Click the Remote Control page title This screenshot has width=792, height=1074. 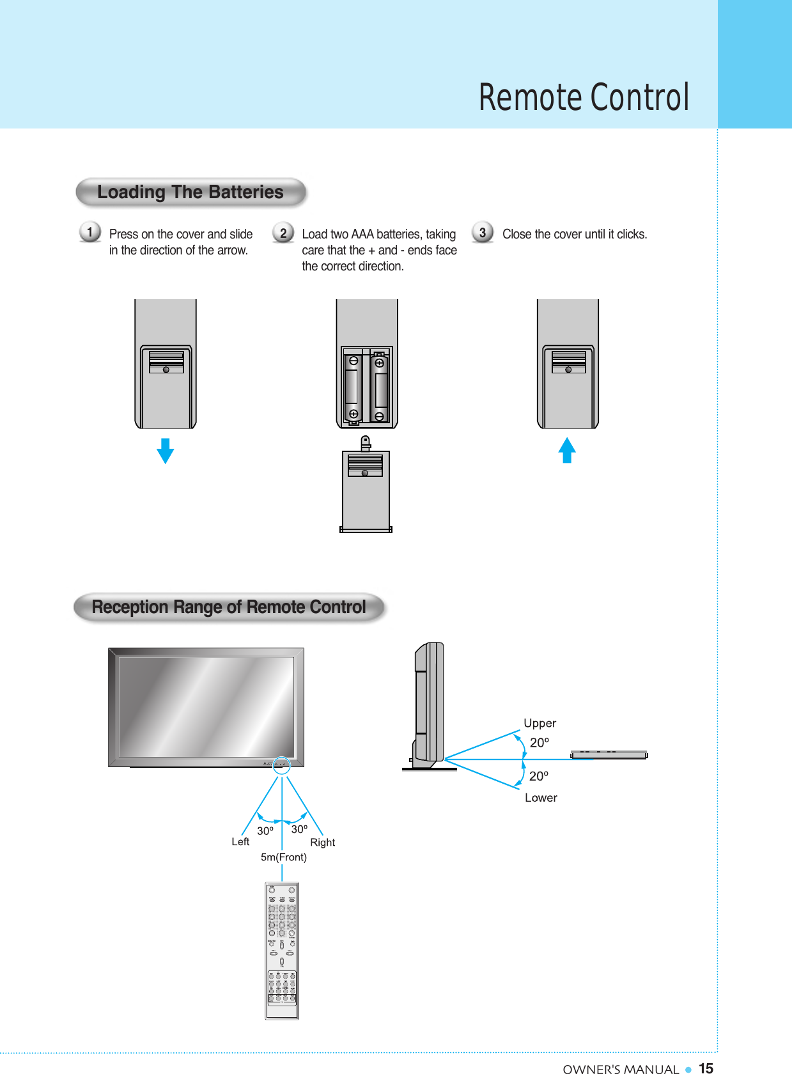coord(584,98)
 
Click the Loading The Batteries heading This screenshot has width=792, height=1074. coord(190,192)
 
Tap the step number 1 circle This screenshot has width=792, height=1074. coord(90,231)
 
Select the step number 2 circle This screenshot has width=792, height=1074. coord(283,232)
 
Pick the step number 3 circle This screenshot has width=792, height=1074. coord(483,232)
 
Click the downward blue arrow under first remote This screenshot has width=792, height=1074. coord(165,451)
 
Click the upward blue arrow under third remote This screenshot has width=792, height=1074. coord(567,450)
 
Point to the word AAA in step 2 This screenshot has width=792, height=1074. coord(362,234)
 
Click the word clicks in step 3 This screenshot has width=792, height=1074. coord(631,234)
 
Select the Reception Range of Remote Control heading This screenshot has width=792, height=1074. coord(229,607)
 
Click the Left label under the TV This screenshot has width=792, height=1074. coord(240,842)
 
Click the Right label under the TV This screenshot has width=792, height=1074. coord(322,843)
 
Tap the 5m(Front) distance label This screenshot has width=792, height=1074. coord(283,857)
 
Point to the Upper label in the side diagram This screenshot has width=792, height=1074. coord(540,723)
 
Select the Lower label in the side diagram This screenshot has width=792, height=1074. coord(541,798)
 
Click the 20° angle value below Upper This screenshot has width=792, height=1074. coord(539,743)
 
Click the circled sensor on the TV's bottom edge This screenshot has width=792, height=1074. coord(281,765)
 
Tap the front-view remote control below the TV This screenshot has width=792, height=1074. coord(282,951)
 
